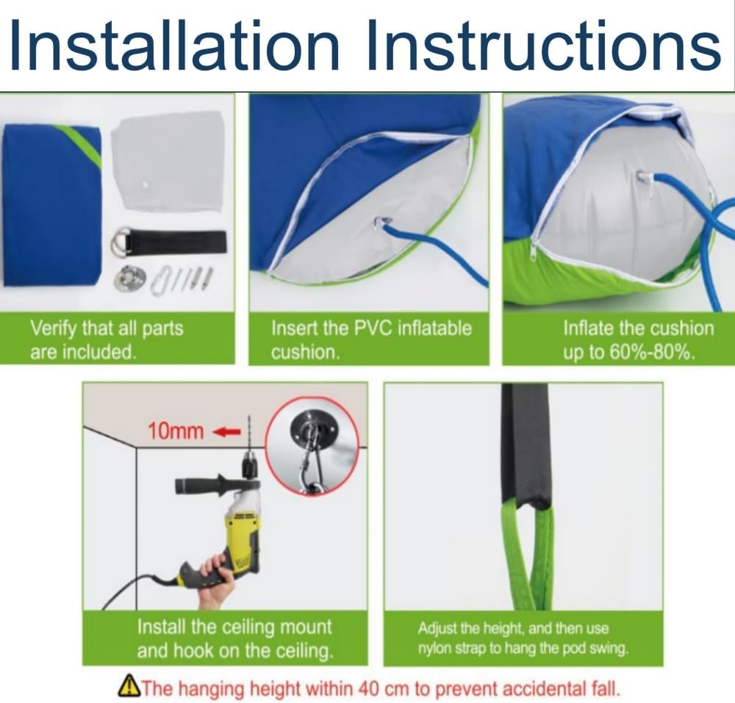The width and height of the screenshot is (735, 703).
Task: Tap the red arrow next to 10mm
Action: [227, 431]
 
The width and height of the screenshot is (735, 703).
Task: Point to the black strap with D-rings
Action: [170, 242]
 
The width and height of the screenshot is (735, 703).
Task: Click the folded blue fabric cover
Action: [52, 205]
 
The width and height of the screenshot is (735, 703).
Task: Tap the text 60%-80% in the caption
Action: [650, 352]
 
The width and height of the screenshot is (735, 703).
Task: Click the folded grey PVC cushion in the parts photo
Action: [168, 162]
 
